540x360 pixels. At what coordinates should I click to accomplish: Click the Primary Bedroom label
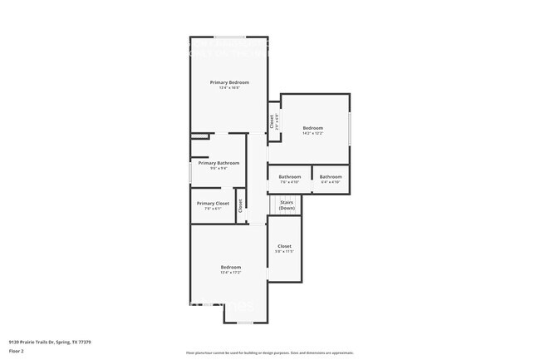[x=229, y=82]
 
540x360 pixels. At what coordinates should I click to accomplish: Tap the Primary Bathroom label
[x=218, y=163]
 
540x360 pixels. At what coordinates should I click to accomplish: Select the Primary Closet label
[x=213, y=204]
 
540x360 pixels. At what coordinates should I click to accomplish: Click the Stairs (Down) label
[x=287, y=205]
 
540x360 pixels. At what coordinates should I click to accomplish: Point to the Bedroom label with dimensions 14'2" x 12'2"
[x=312, y=128]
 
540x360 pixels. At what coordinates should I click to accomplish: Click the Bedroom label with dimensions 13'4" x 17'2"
[x=230, y=267]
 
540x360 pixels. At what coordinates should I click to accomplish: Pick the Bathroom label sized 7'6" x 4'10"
[x=289, y=176]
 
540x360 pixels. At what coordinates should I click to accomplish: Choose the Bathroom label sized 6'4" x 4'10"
[x=331, y=176]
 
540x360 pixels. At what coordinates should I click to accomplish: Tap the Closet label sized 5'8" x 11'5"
[x=284, y=246]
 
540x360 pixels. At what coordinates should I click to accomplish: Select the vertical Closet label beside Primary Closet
[x=240, y=205]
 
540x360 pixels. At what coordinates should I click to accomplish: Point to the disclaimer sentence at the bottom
[x=269, y=353]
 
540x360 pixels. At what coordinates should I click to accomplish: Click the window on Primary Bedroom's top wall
[x=230, y=37]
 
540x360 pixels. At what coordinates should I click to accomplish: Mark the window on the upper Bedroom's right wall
[x=350, y=127]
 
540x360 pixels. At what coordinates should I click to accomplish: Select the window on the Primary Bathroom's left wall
[x=191, y=173]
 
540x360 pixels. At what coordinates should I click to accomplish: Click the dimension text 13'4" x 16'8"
[x=229, y=88]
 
